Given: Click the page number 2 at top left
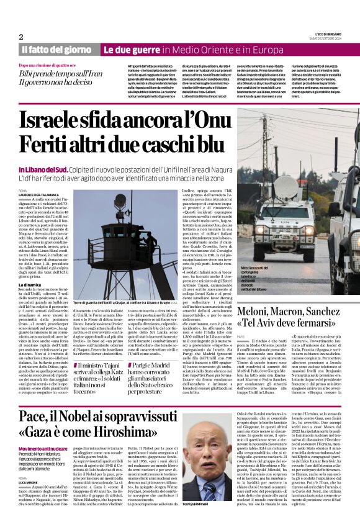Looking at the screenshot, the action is pos(20,37).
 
